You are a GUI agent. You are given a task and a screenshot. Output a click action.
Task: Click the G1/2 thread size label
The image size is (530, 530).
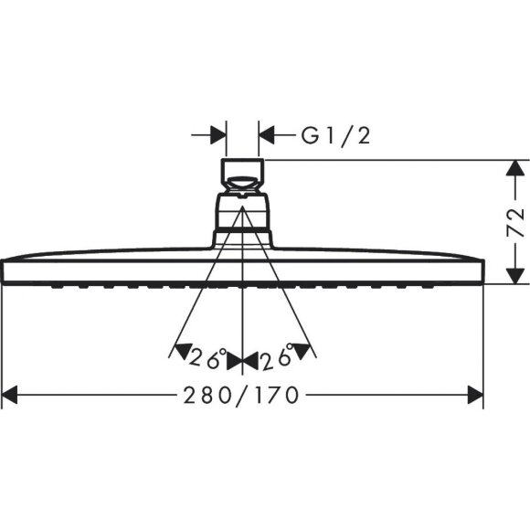[335, 136]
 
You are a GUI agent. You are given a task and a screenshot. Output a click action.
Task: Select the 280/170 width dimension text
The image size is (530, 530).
[242, 396]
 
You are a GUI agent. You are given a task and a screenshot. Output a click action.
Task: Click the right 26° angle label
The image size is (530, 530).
[276, 359]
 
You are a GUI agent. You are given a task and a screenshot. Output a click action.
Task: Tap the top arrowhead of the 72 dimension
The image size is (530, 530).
[517, 168]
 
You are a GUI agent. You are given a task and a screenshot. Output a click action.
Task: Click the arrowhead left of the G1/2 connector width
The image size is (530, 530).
[218, 136]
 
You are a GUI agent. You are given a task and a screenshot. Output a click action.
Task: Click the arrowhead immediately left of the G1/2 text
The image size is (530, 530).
[267, 136]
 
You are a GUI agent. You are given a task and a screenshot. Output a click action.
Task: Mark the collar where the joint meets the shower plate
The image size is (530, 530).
[242, 239]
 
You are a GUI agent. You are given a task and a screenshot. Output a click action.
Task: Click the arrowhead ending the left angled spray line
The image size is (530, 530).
[179, 351]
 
